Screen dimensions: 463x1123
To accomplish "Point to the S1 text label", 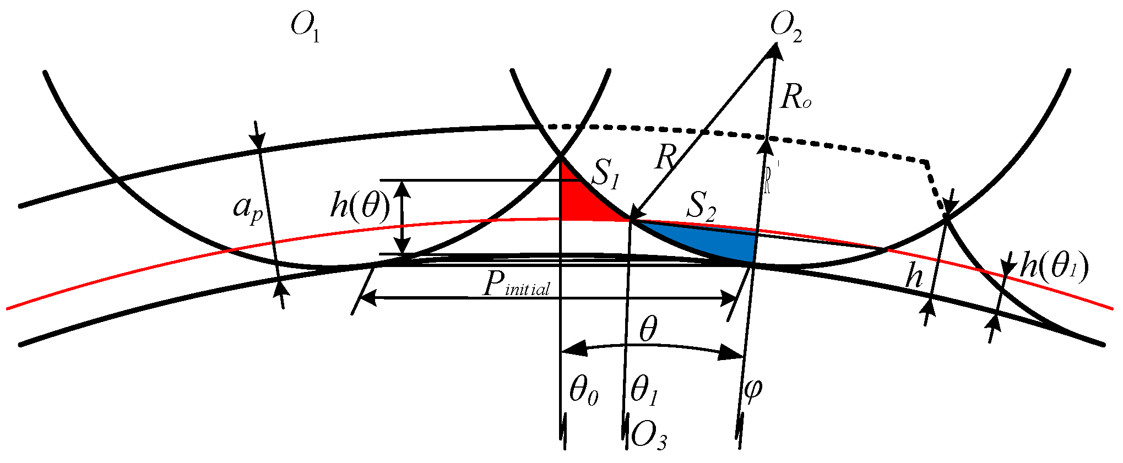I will pyautogui.click(x=604, y=176).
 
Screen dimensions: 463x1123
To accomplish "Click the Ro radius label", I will pyautogui.click(x=795, y=99).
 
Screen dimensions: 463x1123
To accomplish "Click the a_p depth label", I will pyautogui.click(x=248, y=209).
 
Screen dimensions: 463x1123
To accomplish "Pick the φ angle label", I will pyautogui.click(x=752, y=389).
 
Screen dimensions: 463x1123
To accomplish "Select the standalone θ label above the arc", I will pyautogui.click(x=648, y=330).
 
